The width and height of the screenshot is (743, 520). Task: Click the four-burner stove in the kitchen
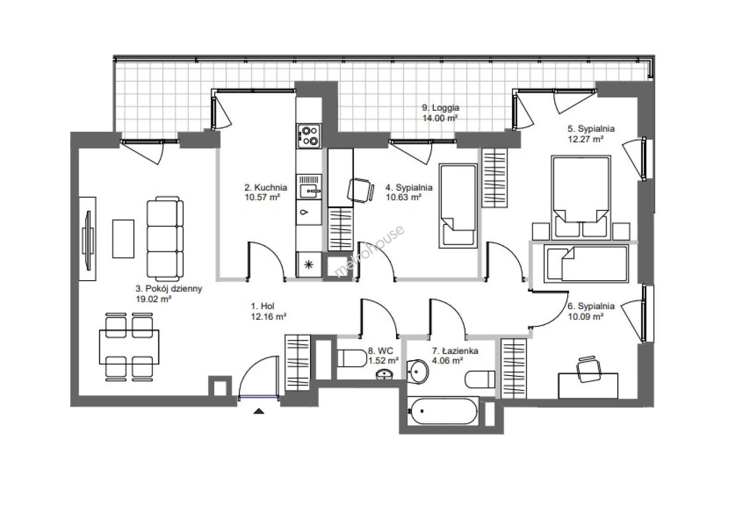tap(309, 136)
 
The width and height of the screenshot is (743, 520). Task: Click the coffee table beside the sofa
tap(123, 239)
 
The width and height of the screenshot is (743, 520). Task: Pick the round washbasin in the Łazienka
tap(418, 372)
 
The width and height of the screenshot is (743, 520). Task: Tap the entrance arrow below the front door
tap(259, 412)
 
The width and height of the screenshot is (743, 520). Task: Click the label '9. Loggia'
tap(441, 108)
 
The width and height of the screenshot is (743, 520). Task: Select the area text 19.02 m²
tap(153, 299)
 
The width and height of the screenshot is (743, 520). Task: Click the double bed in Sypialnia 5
tap(581, 198)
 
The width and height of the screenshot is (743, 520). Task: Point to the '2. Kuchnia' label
tap(266, 187)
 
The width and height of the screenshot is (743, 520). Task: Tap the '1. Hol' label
tap(263, 306)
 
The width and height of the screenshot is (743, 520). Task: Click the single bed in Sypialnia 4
tap(458, 206)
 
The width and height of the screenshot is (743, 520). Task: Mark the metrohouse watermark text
tap(369, 251)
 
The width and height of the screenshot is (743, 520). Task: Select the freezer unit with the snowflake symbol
tap(309, 264)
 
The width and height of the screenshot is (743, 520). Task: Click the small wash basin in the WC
tap(385, 375)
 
